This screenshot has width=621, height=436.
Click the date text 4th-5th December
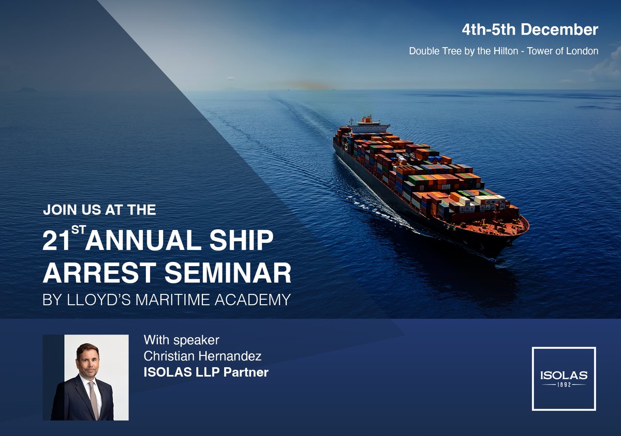point(530,30)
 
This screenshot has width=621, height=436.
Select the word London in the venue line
point(582,51)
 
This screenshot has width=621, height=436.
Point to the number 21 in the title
point(56,242)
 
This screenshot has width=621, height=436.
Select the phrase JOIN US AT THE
point(99,210)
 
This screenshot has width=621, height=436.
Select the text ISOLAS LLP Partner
point(206,372)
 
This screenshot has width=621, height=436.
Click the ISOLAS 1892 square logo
point(564,378)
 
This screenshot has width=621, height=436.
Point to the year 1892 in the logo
point(564,385)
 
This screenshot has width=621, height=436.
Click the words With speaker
point(182,340)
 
